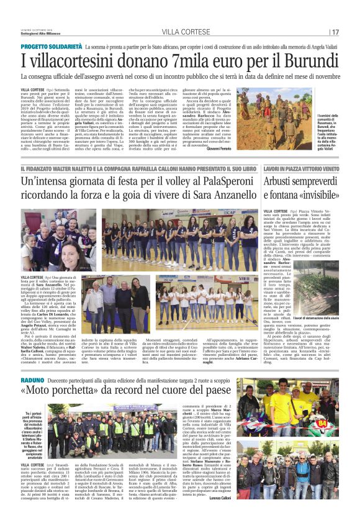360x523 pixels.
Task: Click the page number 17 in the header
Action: pos(335,32)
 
